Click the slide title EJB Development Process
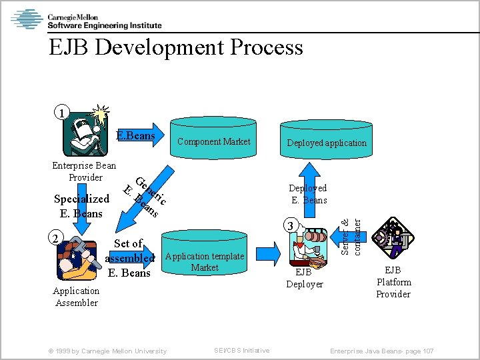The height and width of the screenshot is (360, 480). [x=175, y=47]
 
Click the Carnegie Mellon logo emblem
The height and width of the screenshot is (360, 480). [x=27, y=19]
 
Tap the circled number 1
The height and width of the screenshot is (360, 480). [x=61, y=113]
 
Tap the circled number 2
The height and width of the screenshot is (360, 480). [x=59, y=237]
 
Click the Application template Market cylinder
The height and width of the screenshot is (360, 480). [x=205, y=258]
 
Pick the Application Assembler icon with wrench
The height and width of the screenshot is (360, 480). [x=77, y=259]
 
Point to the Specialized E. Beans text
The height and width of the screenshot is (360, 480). [x=81, y=206]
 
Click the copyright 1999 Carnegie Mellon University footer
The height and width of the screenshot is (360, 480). [x=110, y=351]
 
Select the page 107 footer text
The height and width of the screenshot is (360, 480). [x=382, y=351]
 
